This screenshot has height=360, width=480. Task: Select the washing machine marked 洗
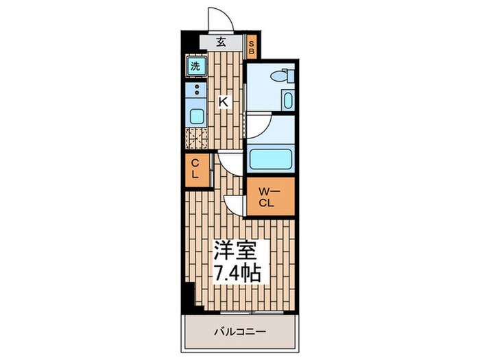click(x=195, y=67)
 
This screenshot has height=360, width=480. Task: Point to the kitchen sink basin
click(x=196, y=115)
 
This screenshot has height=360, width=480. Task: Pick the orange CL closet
click(x=195, y=169)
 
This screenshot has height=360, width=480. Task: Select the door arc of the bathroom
click(x=259, y=126)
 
